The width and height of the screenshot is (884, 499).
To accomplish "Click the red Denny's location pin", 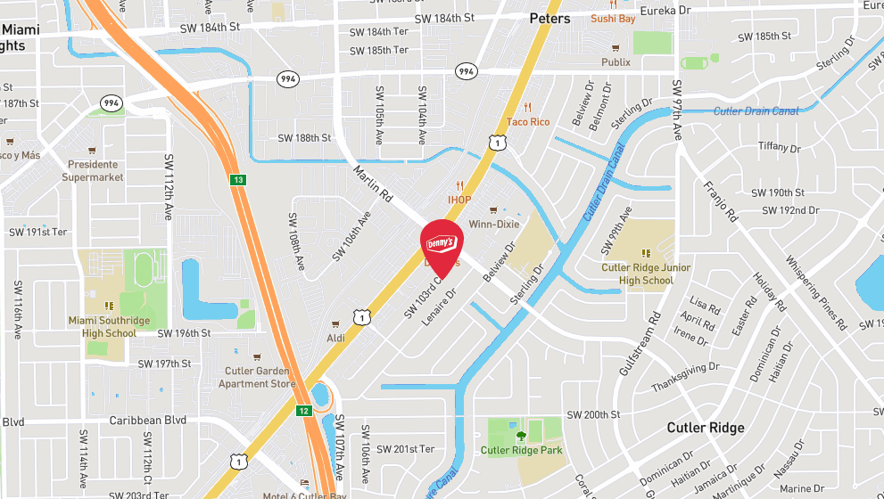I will (x=441, y=241).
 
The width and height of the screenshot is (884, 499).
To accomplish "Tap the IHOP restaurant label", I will (x=459, y=200).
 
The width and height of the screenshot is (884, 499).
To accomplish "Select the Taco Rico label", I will (x=528, y=121).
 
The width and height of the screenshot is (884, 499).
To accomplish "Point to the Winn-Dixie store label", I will (x=494, y=224).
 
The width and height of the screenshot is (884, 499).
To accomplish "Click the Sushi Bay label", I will (x=612, y=18).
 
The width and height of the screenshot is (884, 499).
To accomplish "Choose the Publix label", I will (x=615, y=61).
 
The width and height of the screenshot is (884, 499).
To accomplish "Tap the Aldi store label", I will (x=335, y=338).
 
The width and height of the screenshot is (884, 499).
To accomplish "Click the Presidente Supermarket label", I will (x=92, y=170).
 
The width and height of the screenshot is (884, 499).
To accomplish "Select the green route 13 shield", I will (x=237, y=181).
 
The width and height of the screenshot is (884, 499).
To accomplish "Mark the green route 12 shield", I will (x=304, y=411).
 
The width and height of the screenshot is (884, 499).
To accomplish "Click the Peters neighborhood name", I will (x=549, y=18).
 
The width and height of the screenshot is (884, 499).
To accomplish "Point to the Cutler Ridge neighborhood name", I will (x=705, y=428).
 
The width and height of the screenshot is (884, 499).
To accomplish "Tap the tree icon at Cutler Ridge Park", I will (x=521, y=436).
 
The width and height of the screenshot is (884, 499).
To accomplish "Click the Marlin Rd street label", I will (x=373, y=182).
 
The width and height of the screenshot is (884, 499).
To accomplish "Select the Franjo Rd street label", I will (x=720, y=201).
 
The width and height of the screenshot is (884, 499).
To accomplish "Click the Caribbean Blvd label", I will (x=147, y=420).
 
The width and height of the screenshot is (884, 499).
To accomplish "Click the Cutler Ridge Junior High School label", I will (x=646, y=274).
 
